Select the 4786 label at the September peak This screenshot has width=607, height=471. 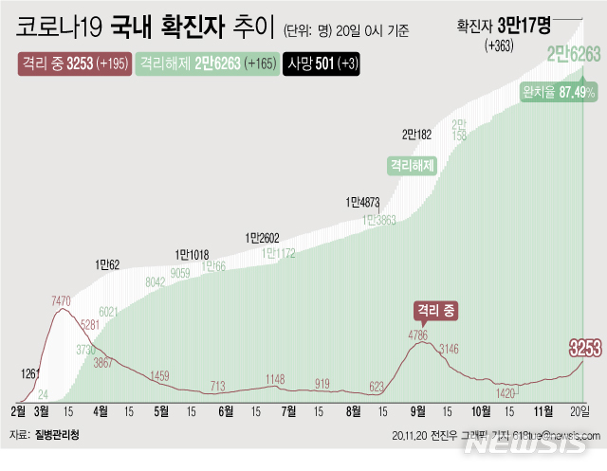[x=419, y=335]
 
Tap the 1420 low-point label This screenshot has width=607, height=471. [x=505, y=391]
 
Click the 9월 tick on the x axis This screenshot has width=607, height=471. [x=416, y=410]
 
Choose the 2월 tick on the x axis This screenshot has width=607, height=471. [x=19, y=410]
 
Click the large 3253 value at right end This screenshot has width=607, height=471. [x=584, y=347]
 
